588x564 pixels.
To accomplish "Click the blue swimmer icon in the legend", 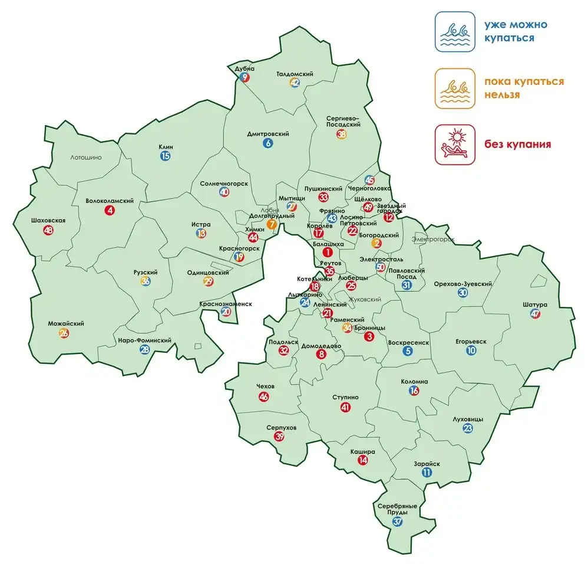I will click(455, 32).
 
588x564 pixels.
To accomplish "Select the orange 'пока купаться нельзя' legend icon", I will click(455, 88).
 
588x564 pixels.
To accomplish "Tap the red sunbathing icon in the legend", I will click(455, 144).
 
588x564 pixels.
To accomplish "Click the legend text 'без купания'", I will click(517, 144).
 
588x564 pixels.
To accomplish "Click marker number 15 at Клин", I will click(165, 156).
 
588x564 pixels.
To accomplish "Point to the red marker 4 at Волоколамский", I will click(109, 210).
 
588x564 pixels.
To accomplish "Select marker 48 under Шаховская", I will click(48, 231).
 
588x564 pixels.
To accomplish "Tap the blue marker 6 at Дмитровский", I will click(268, 143).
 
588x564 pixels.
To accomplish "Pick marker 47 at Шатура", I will click(535, 314).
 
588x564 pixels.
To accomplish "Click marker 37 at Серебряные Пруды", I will click(398, 522).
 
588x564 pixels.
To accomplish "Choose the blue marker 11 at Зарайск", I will click(427, 473).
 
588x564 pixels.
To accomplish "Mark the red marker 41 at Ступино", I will click(345, 408).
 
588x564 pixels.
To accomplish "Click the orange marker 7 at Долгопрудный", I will click(272, 224).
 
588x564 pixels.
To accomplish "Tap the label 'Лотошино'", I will click(86, 158).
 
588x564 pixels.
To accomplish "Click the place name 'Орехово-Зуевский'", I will click(463, 284).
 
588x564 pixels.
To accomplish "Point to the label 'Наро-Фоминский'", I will click(144, 340).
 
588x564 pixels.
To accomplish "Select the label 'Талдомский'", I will click(295, 74).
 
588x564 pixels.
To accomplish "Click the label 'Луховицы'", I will click(467, 419).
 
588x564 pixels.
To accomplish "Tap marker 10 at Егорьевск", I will click(471, 350).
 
